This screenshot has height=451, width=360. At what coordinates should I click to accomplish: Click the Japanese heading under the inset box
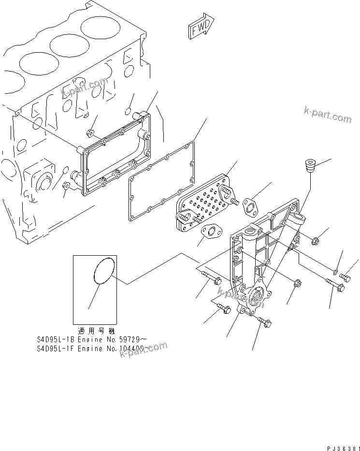click(94, 332)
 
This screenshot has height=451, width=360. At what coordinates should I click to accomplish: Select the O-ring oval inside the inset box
click(103, 270)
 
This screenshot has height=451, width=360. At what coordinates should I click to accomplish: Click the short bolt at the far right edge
click(345, 277)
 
